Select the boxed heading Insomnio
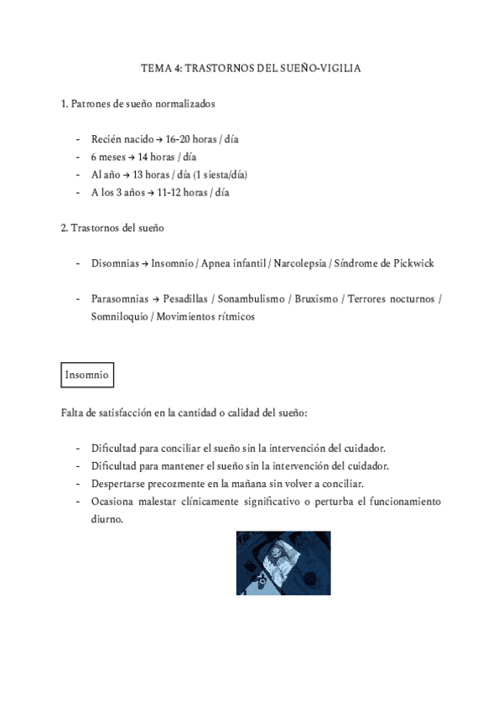[x=87, y=376]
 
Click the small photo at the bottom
[x=283, y=563]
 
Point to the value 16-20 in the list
[x=180, y=139]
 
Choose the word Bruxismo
[x=317, y=299]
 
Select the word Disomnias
[x=115, y=263]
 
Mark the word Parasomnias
[x=120, y=299]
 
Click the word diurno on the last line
[x=107, y=519]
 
